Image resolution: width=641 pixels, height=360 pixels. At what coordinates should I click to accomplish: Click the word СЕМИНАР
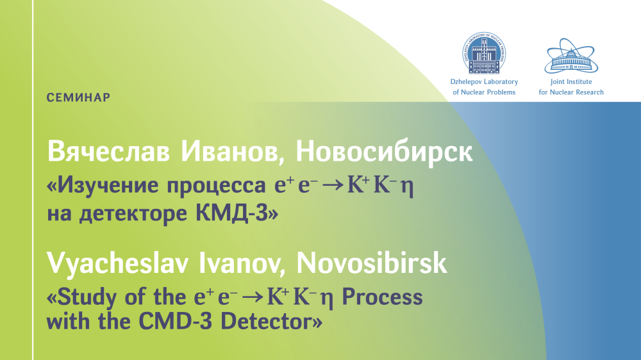(78, 97)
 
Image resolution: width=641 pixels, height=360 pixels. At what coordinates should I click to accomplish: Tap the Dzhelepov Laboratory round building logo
(484, 53)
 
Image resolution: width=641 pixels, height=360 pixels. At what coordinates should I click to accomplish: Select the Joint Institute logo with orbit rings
(571, 56)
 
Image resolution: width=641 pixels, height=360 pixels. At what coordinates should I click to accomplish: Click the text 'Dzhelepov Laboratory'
(484, 82)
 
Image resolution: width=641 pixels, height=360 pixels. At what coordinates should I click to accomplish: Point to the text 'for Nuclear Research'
(571, 92)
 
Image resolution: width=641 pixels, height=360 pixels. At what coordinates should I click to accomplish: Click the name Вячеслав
(108, 152)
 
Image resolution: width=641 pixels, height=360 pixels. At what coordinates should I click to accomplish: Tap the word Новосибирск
(384, 152)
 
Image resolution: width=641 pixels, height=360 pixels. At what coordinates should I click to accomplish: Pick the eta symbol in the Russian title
(407, 188)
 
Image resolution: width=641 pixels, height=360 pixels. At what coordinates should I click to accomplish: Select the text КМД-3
(231, 213)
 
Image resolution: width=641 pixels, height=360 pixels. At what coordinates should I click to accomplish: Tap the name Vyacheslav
(118, 263)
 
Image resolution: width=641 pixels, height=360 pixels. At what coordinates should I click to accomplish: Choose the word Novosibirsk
(371, 263)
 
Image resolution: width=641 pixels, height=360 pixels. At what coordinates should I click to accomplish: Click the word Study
(87, 297)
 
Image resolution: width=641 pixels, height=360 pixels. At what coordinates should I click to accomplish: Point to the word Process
(382, 297)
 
